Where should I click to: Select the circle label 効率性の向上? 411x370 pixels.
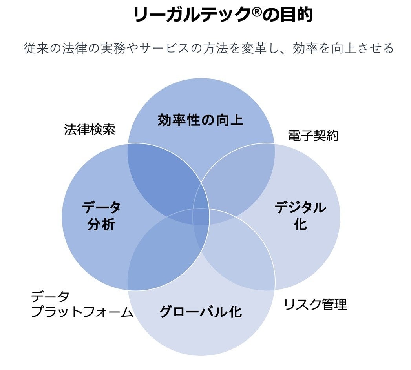[201, 120]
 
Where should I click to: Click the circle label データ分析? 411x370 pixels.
[101, 216]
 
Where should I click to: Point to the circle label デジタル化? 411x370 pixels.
[300, 215]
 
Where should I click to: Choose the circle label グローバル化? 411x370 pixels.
[201, 312]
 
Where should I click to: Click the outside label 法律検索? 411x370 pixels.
[90, 129]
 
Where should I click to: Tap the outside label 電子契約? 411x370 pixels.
[313, 136]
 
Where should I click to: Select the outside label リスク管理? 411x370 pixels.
[316, 304]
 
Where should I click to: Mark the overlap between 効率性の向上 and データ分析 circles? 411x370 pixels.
[165, 176]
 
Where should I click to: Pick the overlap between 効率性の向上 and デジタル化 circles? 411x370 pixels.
[237, 176]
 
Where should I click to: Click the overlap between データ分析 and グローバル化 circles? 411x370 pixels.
[165, 255]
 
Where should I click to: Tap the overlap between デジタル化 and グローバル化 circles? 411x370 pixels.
[237, 255]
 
